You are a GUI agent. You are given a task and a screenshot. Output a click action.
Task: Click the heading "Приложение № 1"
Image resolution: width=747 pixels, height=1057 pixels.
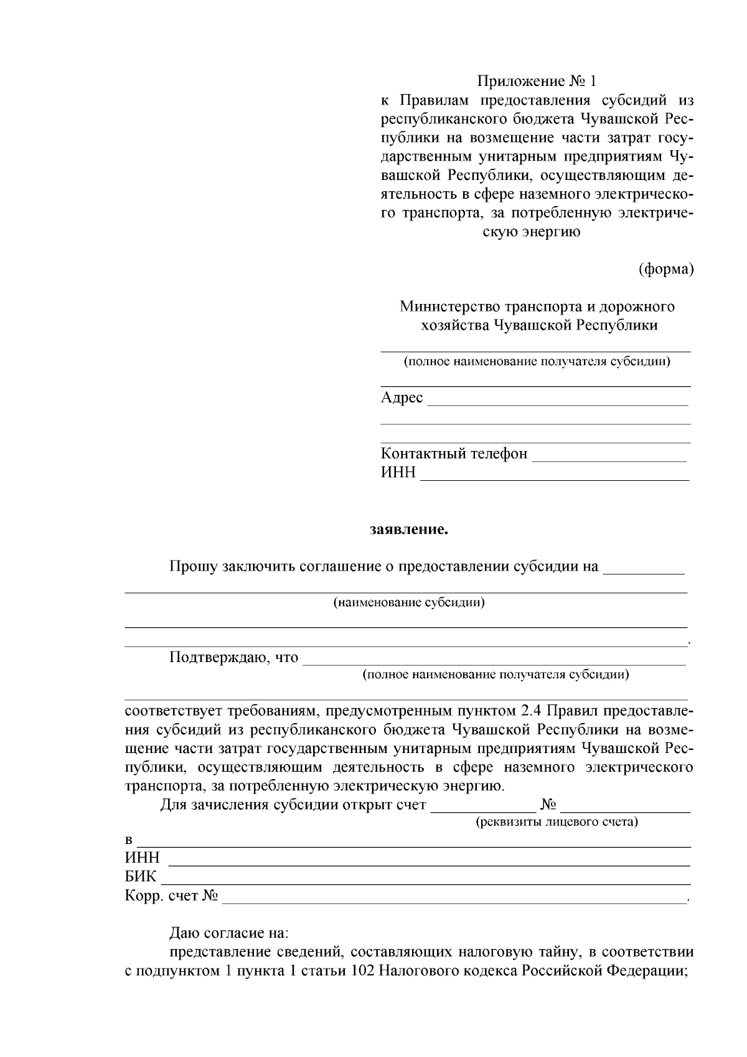pyautogui.click(x=537, y=81)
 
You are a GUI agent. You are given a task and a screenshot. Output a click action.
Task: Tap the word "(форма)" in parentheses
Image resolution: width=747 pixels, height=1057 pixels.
pyautogui.click(x=665, y=269)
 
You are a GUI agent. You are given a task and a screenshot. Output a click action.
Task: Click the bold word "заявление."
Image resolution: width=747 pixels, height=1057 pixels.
pyautogui.click(x=409, y=530)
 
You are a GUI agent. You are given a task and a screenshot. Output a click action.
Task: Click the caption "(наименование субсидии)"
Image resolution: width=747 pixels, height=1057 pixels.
pyautogui.click(x=409, y=602)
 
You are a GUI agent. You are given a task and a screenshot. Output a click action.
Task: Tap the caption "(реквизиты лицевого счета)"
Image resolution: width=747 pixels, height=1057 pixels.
pyautogui.click(x=557, y=822)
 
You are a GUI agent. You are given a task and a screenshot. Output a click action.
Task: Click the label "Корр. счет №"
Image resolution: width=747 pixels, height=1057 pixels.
pyautogui.click(x=171, y=896)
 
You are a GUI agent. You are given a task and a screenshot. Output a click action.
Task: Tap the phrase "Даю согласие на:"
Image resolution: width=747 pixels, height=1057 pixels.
pyautogui.click(x=229, y=934)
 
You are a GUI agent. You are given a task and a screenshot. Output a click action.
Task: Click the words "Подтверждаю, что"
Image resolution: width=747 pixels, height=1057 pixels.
pyautogui.click(x=233, y=658)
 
